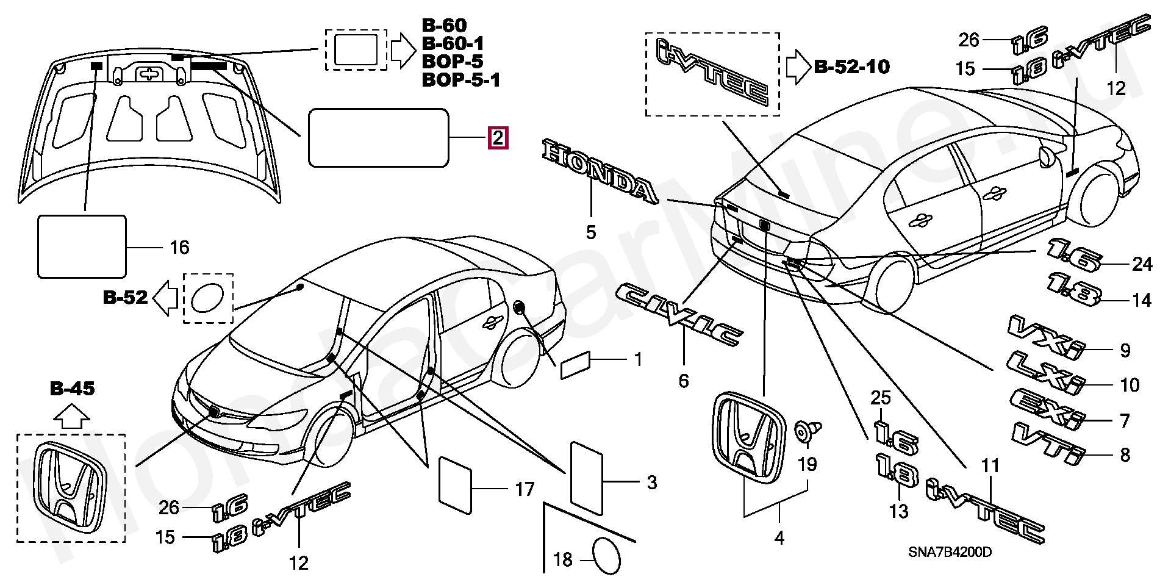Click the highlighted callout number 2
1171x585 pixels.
(x=498, y=138)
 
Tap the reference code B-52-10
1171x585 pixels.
(x=852, y=66)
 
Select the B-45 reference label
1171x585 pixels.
(x=73, y=389)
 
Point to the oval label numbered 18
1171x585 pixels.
(x=607, y=556)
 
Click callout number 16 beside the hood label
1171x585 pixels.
(x=179, y=247)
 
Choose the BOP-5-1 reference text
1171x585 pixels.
(x=461, y=79)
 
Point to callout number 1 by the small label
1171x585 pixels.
(x=639, y=360)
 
